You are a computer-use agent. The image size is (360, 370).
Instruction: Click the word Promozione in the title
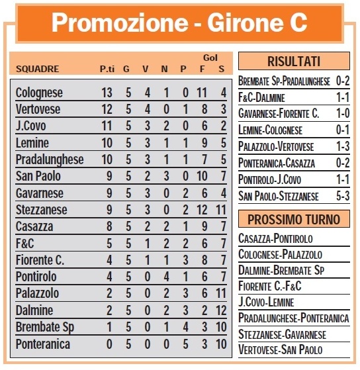(x=114, y=23)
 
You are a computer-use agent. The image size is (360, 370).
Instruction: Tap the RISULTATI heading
(x=294, y=62)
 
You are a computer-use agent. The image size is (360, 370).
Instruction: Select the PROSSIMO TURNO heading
(x=294, y=219)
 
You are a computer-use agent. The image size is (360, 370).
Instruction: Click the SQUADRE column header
(x=37, y=68)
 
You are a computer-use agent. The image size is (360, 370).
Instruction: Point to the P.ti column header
(x=107, y=68)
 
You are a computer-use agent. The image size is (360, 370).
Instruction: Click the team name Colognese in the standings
(x=39, y=93)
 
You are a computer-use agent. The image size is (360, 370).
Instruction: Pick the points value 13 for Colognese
(x=107, y=93)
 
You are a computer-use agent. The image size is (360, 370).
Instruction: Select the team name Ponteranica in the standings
(x=42, y=344)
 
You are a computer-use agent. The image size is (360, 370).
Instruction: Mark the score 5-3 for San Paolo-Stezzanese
(x=342, y=196)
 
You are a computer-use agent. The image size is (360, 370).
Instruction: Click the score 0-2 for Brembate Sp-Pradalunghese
(x=342, y=81)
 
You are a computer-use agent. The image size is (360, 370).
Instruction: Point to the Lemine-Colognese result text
(x=270, y=130)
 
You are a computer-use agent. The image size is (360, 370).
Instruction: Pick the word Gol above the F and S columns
(x=212, y=58)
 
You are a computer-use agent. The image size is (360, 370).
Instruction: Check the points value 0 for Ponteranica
(x=107, y=344)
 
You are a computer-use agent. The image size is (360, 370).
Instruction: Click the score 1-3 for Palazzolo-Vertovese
(x=342, y=147)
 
